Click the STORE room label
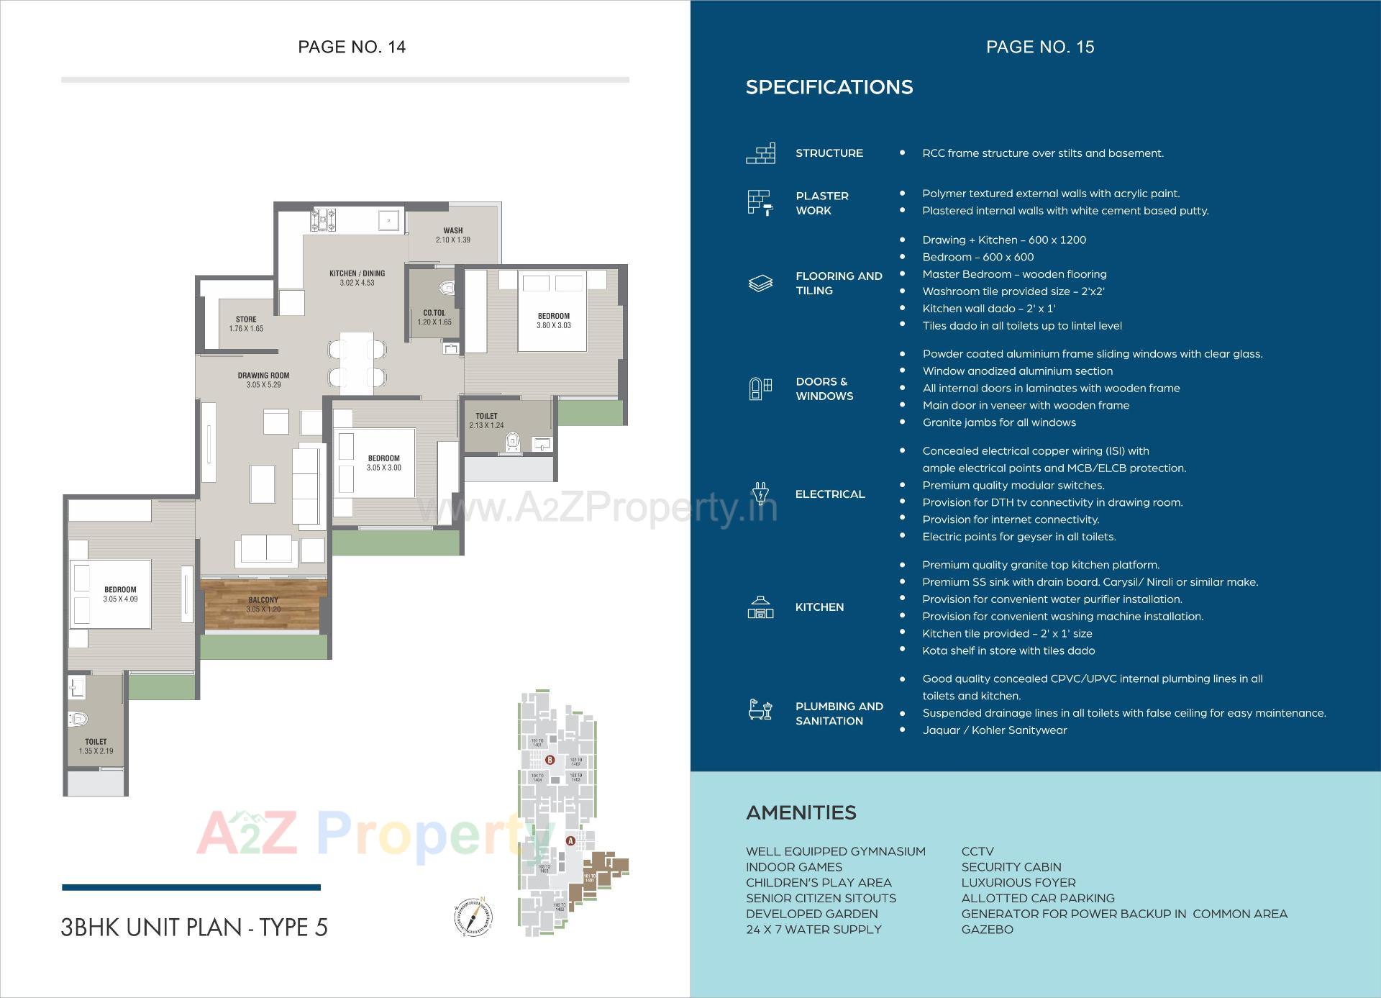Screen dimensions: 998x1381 tap(246, 319)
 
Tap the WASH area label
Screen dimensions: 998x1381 tap(452, 231)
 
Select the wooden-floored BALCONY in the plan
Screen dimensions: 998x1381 tap(264, 604)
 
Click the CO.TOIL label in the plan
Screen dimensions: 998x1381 tap(434, 313)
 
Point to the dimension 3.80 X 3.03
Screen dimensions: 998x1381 tap(553, 325)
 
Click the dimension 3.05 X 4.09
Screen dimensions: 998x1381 tap(120, 599)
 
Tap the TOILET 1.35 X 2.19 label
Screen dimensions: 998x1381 tap(96, 746)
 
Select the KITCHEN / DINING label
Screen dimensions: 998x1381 tap(357, 273)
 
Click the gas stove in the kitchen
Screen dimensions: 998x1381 tap(323, 219)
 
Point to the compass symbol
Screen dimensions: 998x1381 tap(473, 917)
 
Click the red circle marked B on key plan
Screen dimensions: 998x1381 tap(550, 760)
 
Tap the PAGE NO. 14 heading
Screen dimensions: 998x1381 tap(352, 47)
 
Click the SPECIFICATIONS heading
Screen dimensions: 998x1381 tap(829, 87)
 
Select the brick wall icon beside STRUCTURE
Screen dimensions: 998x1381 tap(760, 153)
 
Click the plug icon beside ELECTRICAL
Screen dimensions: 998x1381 tap(760, 494)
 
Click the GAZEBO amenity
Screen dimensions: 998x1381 tap(987, 929)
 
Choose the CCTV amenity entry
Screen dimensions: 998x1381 tap(977, 851)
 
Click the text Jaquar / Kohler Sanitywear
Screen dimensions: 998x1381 tap(994, 730)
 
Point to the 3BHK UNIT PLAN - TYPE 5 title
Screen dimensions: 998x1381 tap(194, 927)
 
